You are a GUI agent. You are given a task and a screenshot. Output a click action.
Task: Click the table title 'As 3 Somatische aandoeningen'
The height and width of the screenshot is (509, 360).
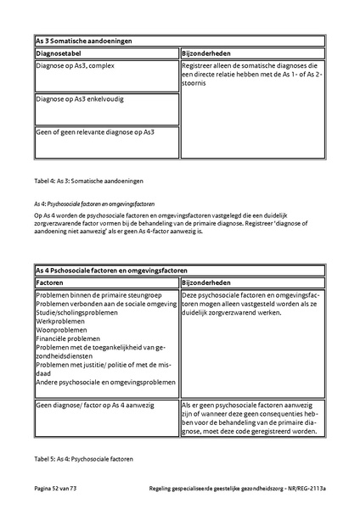pos(84,40)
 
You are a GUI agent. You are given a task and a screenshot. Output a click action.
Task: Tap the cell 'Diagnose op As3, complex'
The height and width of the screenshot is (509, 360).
pos(75,65)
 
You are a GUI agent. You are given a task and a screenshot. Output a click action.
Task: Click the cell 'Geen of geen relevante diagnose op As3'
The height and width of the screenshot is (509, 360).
pos(95,131)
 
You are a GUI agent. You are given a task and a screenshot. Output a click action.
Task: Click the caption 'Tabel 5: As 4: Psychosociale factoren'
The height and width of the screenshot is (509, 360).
pos(85,459)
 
